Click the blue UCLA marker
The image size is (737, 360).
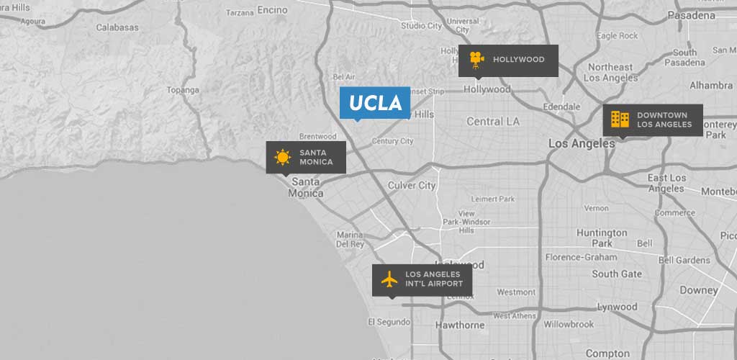375,103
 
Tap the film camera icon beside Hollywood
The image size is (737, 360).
476,59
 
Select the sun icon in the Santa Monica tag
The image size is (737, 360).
282,157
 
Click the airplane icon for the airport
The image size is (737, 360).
389,279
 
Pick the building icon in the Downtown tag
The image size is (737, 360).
620,120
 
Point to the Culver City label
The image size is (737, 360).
412,185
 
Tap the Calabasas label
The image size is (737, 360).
117,27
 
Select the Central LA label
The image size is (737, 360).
493,121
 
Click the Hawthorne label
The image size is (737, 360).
460,325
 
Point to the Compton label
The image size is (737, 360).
607,353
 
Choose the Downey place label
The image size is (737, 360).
699,290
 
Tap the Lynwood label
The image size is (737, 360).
617,307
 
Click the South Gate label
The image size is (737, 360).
617,274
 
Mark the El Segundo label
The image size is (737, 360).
389,321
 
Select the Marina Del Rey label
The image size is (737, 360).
351,239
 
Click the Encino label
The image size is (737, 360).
271,10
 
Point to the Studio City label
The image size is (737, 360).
422,26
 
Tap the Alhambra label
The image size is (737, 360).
710,85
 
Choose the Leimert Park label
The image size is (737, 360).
493,199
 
